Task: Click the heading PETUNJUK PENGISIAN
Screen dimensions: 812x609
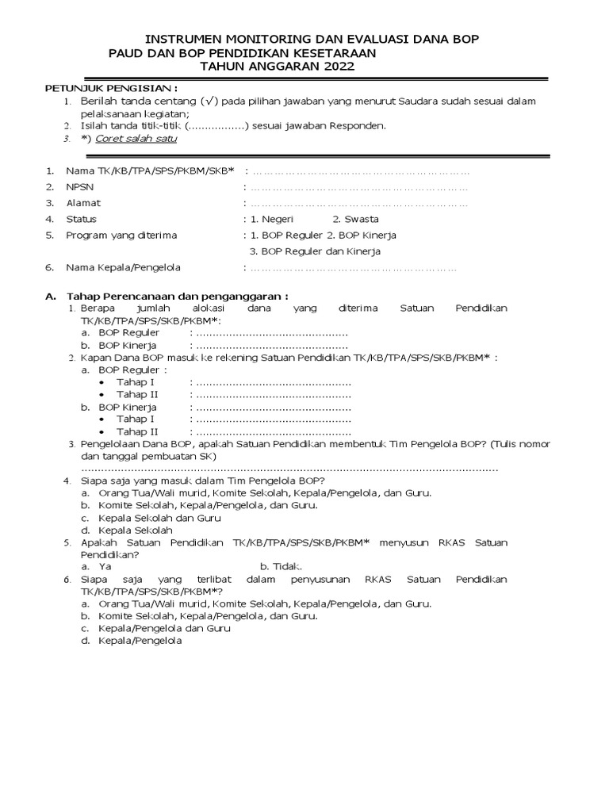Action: coord(110,88)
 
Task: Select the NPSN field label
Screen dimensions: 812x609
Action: coord(80,187)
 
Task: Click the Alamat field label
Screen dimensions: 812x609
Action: coord(83,203)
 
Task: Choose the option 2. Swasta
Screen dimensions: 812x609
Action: coord(355,219)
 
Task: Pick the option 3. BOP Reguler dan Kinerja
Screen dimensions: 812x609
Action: coord(315,251)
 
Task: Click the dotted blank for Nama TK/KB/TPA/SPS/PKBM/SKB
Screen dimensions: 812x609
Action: coord(360,171)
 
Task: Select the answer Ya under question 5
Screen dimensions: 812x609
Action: coord(105,568)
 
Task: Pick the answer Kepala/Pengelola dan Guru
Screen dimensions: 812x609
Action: coord(165,628)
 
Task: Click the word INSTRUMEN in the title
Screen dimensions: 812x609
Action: coord(185,39)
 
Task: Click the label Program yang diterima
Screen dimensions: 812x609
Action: coord(121,236)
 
